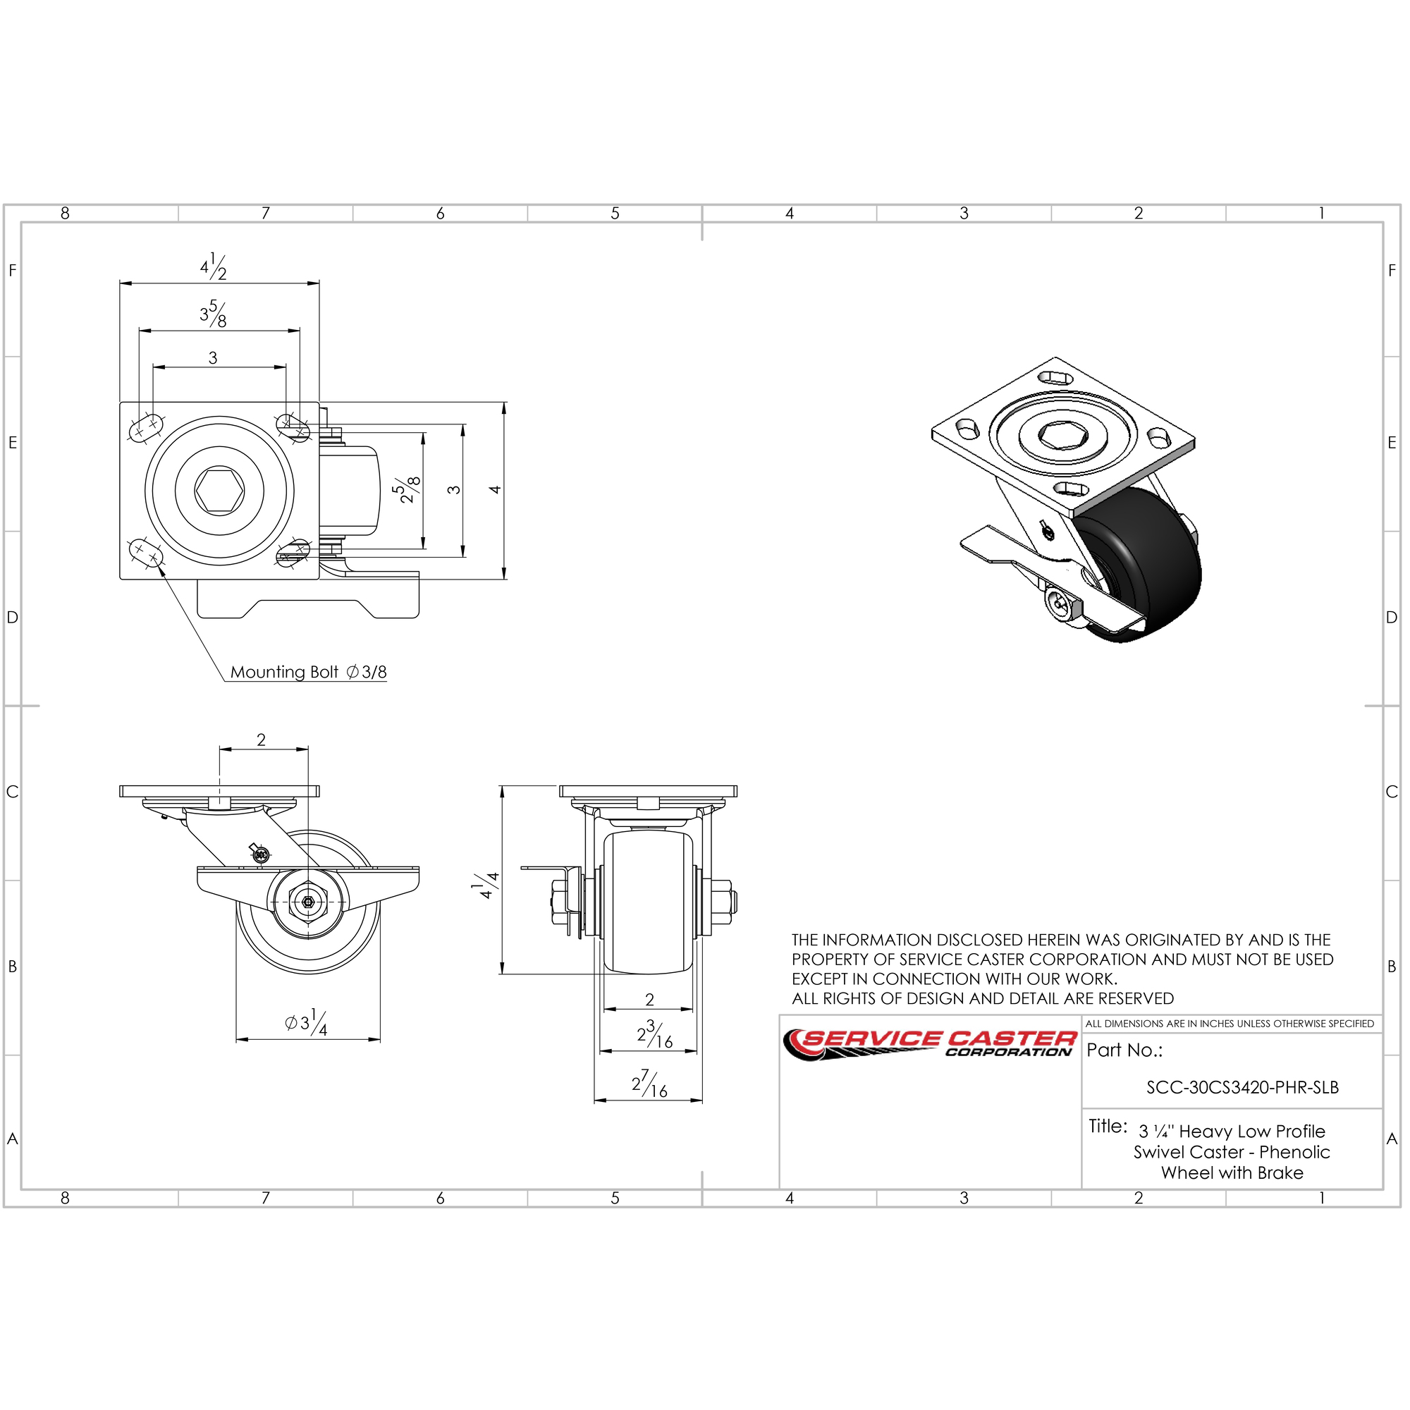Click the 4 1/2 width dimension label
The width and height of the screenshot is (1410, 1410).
[x=214, y=267]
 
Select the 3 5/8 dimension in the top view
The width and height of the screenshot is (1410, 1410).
[x=213, y=314]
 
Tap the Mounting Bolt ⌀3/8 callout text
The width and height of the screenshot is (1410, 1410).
[x=309, y=672]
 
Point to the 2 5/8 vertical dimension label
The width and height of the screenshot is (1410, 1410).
[x=410, y=490]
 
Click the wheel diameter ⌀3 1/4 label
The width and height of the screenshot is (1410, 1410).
[x=307, y=1022]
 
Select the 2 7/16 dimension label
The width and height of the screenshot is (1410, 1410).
[x=649, y=1084]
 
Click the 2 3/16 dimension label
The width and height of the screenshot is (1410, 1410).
[x=655, y=1034]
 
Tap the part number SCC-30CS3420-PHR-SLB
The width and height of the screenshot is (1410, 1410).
[x=1242, y=1087]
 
